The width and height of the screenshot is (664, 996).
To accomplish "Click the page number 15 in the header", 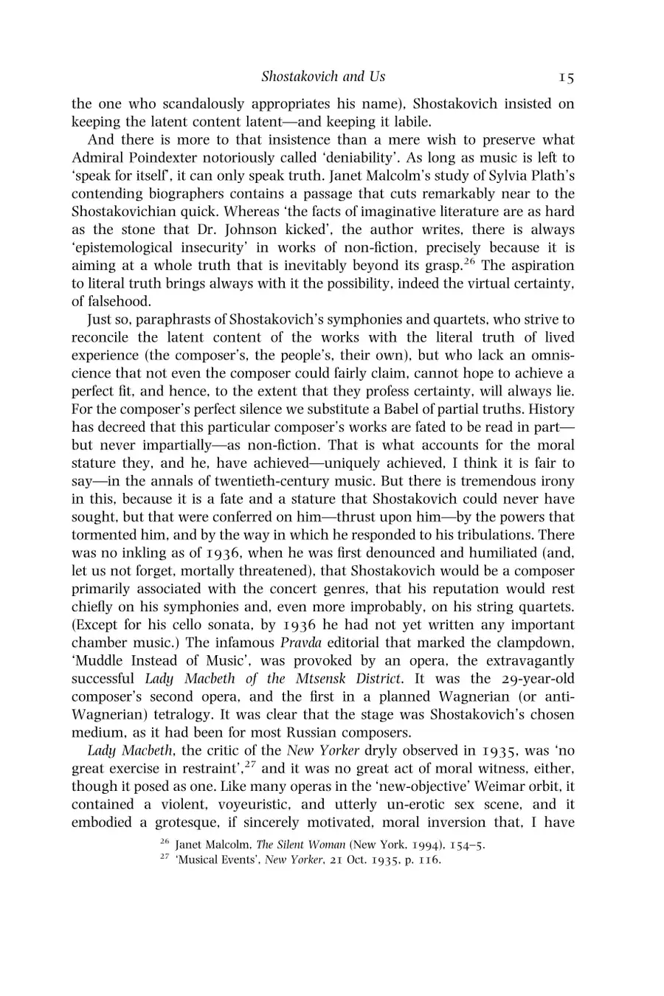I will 566,77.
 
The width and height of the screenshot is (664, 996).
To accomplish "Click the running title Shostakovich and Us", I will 323,77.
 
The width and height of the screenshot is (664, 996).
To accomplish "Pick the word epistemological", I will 128,247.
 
